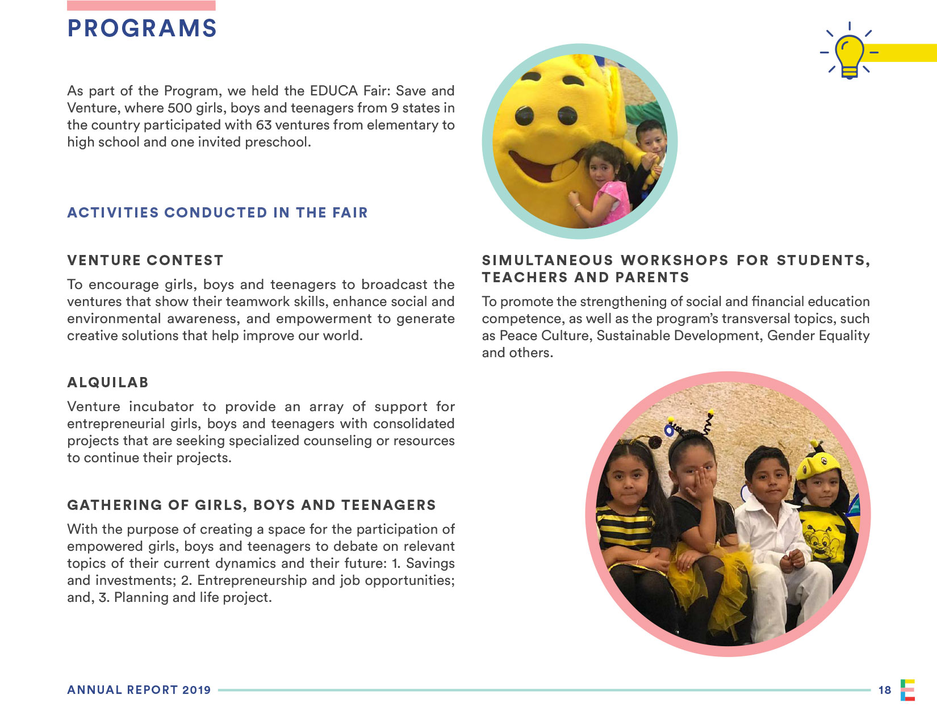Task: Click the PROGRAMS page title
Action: coord(142,28)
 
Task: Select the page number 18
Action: coord(884,690)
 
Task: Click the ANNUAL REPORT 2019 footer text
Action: coord(139,690)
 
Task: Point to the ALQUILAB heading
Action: coord(108,383)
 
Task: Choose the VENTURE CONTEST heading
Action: coord(145,261)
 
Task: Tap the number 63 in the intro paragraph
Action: coord(263,125)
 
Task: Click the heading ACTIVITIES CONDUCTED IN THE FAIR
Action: coord(217,213)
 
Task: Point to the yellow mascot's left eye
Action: coord(525,116)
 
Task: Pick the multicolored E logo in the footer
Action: coord(907,690)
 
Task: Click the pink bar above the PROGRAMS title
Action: coord(141,6)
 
